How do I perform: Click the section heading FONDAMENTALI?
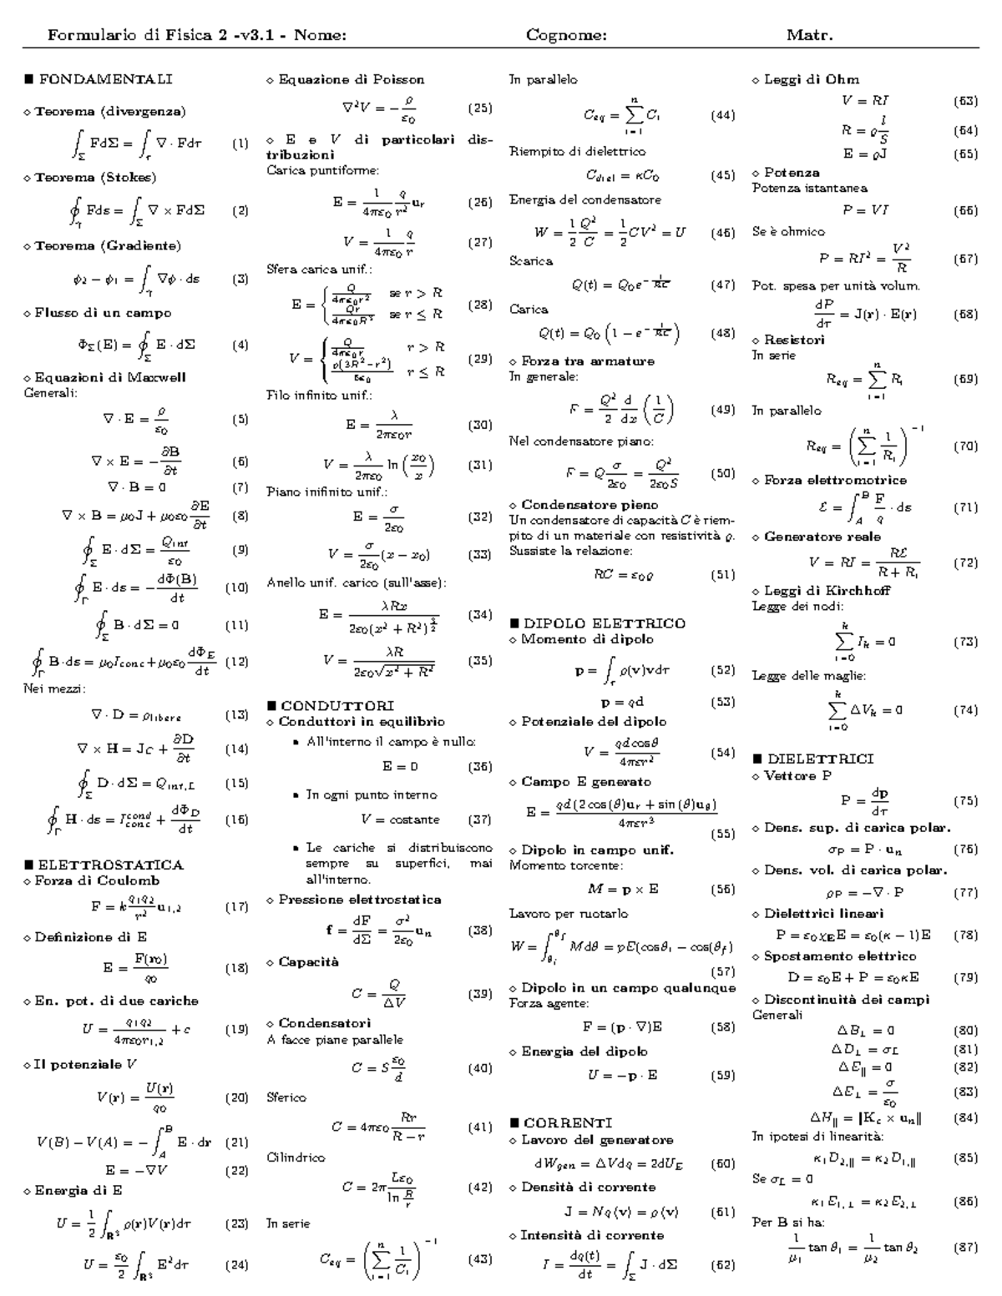click(105, 79)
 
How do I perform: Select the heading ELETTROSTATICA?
click(110, 865)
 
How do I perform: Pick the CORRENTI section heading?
click(568, 1122)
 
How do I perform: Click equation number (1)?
click(240, 143)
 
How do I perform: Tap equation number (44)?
click(722, 116)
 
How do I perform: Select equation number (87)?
click(965, 1248)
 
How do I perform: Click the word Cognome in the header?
click(566, 35)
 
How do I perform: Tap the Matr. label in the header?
click(810, 35)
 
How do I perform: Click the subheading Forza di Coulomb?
click(97, 880)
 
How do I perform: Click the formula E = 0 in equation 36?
click(400, 765)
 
